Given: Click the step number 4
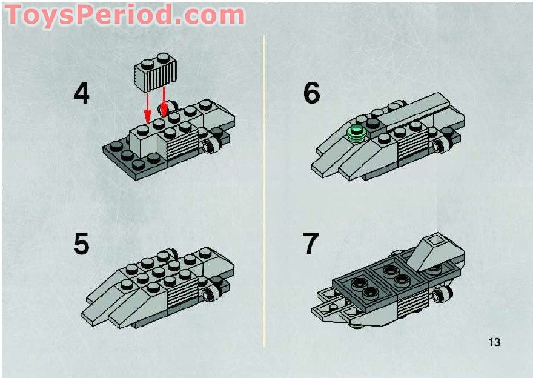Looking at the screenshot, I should tap(81, 94).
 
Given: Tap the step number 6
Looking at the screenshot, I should tap(311, 94).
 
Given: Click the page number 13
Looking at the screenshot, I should tap(494, 342).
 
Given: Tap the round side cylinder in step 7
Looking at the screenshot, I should tap(443, 294).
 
